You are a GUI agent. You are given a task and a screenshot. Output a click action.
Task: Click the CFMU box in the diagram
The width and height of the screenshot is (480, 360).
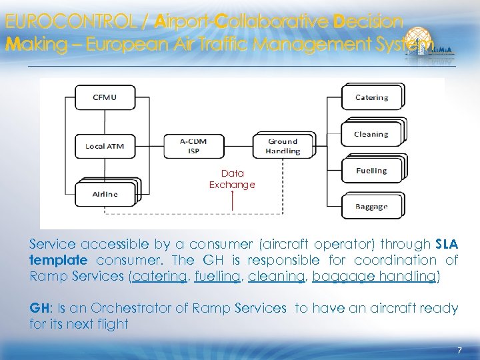click(104, 98)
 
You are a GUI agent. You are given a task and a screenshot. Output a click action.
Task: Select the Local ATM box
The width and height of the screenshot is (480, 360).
click(104, 146)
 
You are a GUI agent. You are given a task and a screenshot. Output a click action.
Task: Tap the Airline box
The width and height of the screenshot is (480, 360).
click(105, 193)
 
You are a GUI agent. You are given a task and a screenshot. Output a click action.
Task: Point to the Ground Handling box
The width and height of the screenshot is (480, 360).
click(283, 146)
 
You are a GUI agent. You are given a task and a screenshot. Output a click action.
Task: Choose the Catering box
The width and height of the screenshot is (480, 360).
click(371, 97)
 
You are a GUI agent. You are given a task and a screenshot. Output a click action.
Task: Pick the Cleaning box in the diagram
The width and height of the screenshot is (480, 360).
click(371, 134)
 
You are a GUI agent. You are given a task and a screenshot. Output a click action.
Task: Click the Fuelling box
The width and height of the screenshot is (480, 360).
click(371, 171)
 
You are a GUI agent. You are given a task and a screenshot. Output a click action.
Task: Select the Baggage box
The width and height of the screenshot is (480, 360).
click(371, 206)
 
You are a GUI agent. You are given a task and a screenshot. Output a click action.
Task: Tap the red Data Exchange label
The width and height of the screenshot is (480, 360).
click(232, 179)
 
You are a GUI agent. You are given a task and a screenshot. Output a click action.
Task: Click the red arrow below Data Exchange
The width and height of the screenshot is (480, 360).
click(232, 201)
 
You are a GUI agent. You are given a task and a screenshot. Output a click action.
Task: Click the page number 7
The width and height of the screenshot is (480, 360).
click(459, 350)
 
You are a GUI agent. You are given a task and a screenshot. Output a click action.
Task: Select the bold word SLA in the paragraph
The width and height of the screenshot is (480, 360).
click(446, 244)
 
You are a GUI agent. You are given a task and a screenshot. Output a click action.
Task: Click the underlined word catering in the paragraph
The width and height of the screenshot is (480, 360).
click(159, 276)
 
